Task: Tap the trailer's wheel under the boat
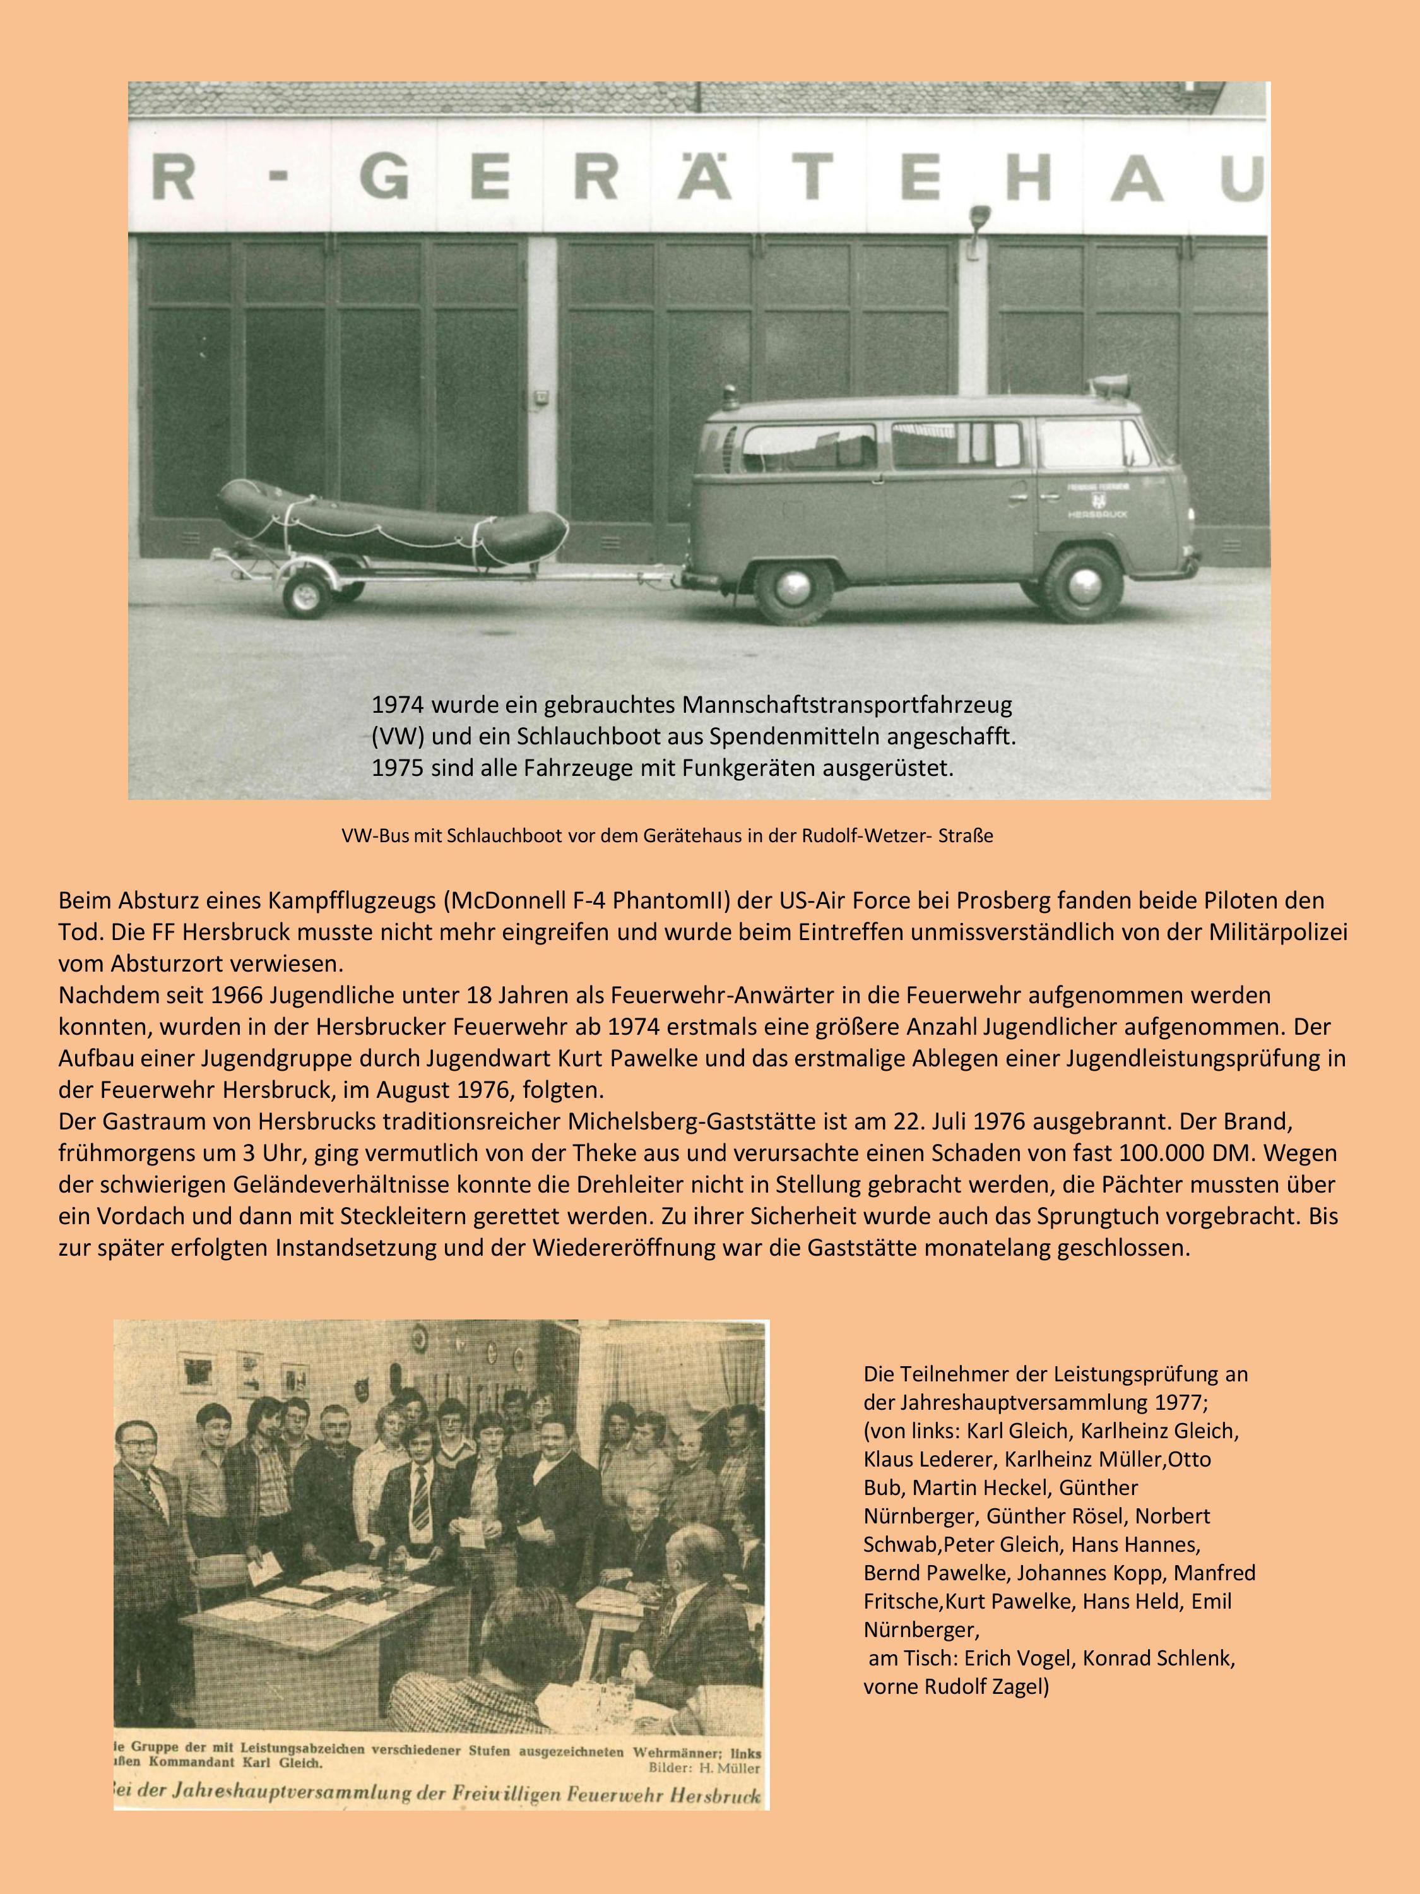tap(307, 593)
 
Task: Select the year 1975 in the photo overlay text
tap(397, 767)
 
